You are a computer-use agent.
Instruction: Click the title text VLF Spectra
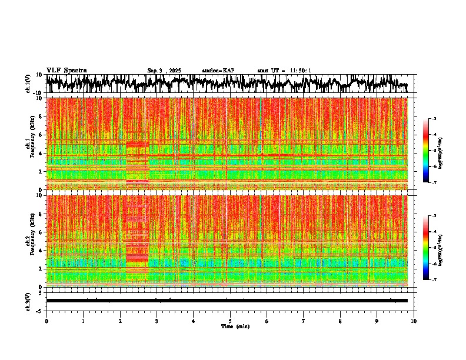(66, 71)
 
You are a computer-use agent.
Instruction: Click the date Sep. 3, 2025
(164, 71)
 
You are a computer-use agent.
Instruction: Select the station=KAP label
(218, 71)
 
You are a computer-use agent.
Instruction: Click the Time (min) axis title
(235, 326)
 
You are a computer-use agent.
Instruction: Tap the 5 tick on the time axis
(230, 321)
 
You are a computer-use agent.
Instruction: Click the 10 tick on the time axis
(414, 321)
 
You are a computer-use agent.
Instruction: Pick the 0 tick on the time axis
(46, 321)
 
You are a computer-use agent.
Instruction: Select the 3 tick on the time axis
(157, 321)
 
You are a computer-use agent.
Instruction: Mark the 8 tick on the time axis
(340, 321)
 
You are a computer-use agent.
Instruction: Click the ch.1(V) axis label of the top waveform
(29, 84)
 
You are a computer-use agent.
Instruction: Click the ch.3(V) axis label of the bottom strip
(29, 301)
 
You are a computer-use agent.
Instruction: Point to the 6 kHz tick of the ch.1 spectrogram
(41, 135)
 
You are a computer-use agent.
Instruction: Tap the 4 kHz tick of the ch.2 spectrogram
(41, 250)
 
